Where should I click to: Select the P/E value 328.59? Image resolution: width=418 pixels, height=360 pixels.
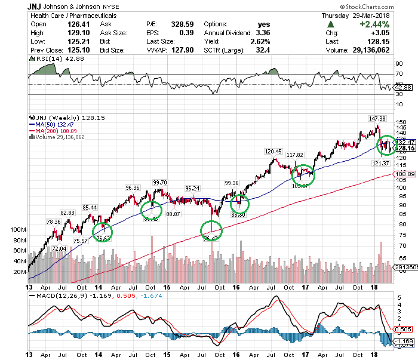click(179, 23)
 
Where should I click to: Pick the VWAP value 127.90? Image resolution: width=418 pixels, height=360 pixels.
click(179, 50)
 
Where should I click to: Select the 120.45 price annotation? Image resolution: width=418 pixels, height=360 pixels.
click(273, 151)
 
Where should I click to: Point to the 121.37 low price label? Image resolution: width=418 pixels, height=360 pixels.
click(380, 163)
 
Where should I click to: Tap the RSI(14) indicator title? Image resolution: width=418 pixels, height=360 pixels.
click(47, 61)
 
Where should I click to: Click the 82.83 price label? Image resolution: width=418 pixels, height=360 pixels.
click(67, 213)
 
